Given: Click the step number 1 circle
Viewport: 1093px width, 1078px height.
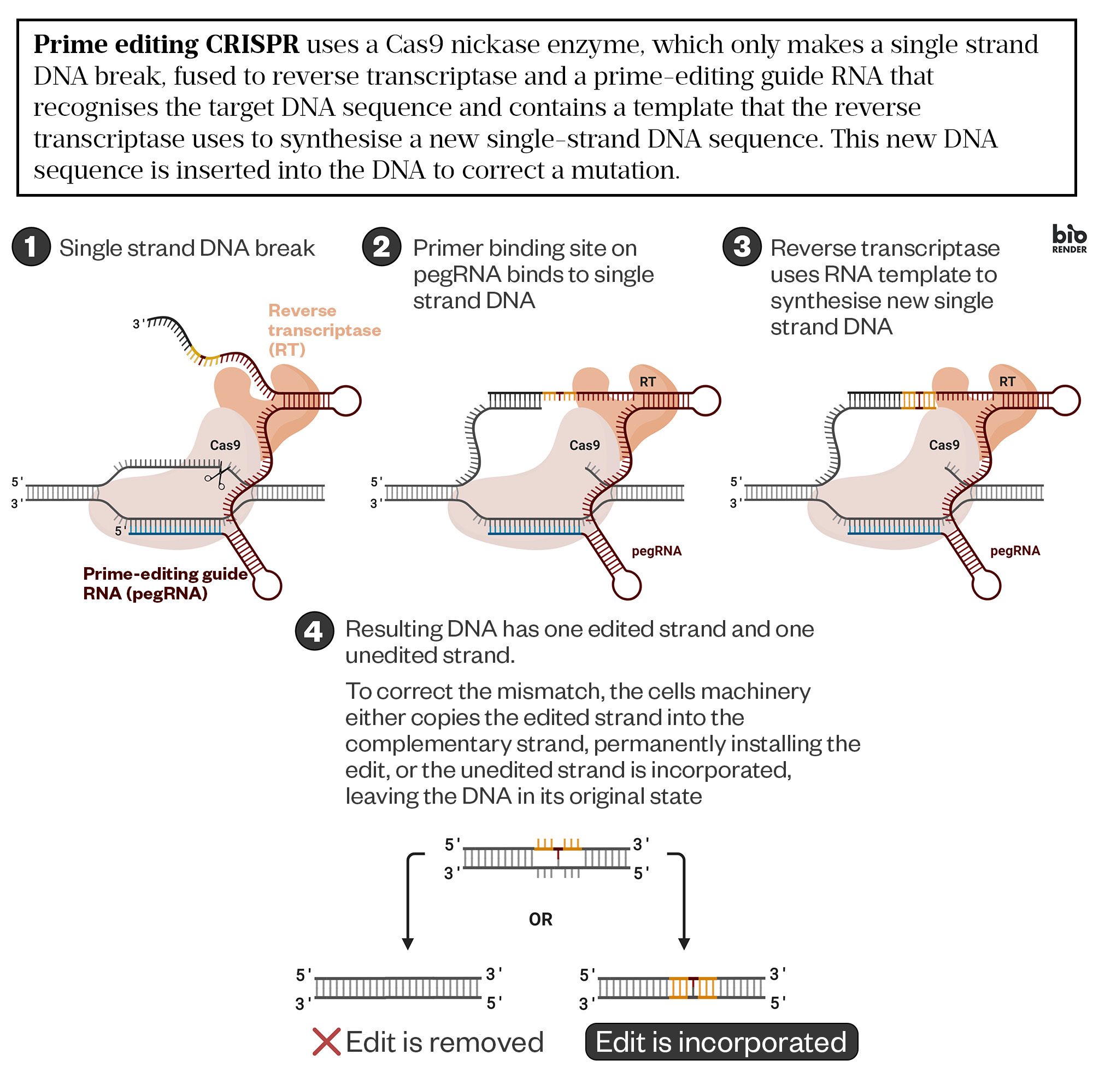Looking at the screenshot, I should tap(31, 246).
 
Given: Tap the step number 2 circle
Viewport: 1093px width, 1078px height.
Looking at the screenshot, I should tap(382, 246).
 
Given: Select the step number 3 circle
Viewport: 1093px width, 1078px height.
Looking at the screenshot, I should tap(742, 246).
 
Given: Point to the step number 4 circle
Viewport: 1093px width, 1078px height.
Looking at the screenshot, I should tap(314, 631).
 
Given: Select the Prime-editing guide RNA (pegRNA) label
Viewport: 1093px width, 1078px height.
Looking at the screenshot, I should tap(164, 583).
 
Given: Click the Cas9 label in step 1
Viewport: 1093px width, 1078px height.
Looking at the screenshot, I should tap(225, 445).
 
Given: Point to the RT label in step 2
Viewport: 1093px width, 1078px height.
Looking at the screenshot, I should tap(647, 382).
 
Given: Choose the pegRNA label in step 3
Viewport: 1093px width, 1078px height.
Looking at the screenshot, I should tap(1015, 550).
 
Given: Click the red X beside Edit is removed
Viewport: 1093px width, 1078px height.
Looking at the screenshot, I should tap(326, 1042).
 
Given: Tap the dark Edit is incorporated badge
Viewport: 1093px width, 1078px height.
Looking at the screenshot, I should tap(721, 1042).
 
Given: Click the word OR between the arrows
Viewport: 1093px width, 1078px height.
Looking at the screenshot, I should tap(540, 919).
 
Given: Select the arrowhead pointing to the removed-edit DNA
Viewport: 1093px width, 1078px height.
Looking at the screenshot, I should tap(408, 944).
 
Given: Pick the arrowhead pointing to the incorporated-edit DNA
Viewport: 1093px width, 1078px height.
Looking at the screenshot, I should tap(684, 944).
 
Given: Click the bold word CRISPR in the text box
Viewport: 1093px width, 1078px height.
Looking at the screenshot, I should tap(252, 44).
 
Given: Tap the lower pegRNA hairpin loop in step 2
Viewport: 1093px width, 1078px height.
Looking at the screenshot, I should tap(627, 585).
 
